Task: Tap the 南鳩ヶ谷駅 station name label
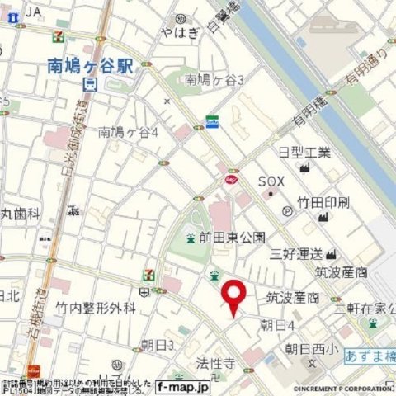90,66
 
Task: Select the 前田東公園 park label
232,238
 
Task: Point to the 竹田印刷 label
323,202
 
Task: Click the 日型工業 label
304,153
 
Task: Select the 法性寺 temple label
215,362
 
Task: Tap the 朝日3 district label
157,344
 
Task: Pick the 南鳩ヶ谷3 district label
214,80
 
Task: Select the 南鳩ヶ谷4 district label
133,131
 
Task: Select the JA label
33,12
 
